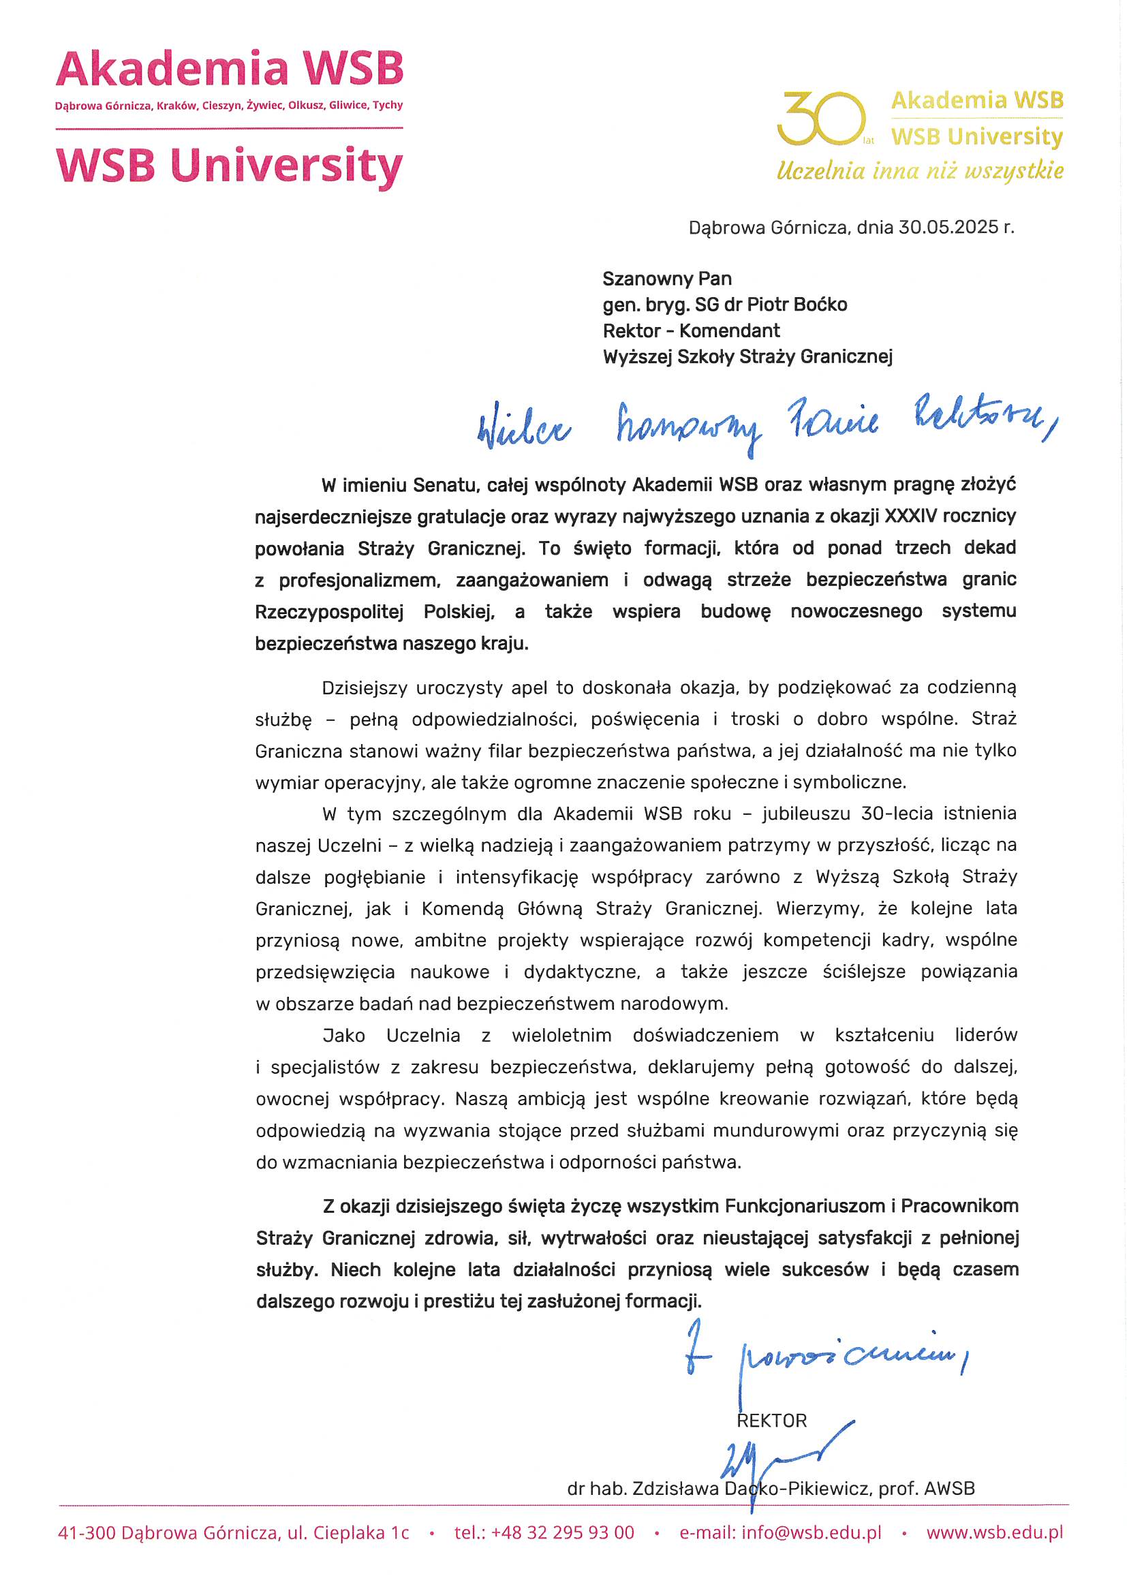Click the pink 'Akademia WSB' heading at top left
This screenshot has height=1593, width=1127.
coord(229,69)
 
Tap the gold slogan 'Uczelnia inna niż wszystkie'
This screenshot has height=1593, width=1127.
coord(919,170)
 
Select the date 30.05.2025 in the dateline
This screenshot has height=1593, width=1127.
coord(948,228)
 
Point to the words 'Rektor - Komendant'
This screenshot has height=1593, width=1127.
coord(691,331)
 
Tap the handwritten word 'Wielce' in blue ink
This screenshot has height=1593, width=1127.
coord(524,427)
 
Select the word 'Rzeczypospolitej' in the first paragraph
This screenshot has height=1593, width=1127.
coord(329,612)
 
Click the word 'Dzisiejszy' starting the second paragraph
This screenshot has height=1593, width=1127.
coord(365,687)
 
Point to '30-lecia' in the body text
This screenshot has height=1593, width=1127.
coord(895,813)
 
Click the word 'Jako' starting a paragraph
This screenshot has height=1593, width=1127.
coord(343,1036)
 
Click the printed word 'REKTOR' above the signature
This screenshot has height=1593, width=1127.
coord(772,1421)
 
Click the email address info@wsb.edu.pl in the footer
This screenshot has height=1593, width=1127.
coord(812,1532)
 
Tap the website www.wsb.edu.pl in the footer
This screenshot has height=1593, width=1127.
coord(993,1532)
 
